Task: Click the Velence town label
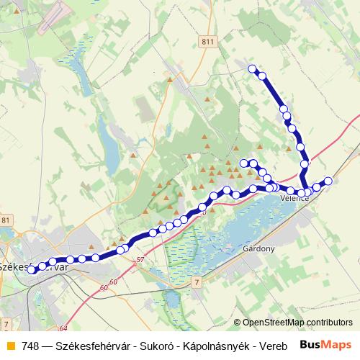[x=294, y=198]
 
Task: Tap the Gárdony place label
[x=260, y=248]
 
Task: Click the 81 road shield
[x=6, y=220]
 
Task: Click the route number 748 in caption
[x=30, y=344]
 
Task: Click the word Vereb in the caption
[x=271, y=344]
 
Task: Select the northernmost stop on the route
[x=253, y=69]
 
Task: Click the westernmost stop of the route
[x=30, y=270]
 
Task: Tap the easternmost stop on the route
[x=328, y=181]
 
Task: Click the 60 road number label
[x=104, y=288]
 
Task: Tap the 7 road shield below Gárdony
[x=196, y=284]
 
